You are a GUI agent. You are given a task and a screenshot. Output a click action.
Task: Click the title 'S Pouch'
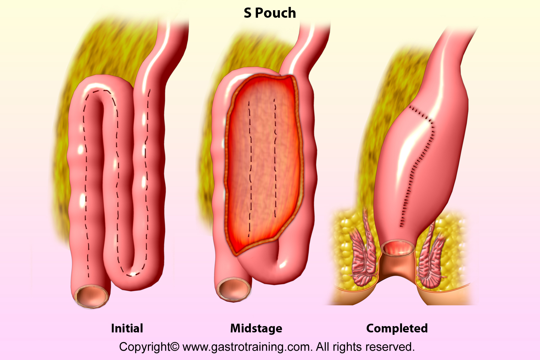[270, 13]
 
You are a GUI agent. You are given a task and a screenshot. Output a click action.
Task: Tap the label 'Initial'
[127, 328]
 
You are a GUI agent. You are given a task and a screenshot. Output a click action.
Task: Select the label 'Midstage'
[256, 328]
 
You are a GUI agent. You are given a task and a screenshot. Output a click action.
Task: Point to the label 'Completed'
[397, 328]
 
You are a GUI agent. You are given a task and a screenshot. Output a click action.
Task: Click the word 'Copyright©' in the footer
[149, 347]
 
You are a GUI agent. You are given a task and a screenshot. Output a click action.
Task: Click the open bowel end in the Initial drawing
[91, 296]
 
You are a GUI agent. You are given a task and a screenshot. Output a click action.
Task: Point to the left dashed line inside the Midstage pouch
[250, 168]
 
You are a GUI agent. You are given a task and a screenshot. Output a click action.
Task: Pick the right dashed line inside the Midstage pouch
[275, 157]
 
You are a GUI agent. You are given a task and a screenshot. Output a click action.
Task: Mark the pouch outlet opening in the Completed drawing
[398, 248]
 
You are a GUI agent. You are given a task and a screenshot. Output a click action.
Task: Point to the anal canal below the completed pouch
[397, 267]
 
